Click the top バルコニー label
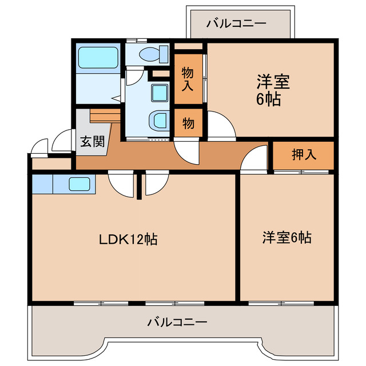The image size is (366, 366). pos(236,23)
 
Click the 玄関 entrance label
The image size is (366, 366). pos(92,141)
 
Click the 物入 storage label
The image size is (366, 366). pos(188,79)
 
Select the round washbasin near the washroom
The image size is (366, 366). pos(158,121)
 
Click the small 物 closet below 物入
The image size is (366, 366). pos(188,122)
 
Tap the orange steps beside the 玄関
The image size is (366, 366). pos(106,116)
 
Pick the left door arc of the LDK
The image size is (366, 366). pos(121,184)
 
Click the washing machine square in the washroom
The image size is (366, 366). pos(158,92)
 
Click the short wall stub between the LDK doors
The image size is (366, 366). pos(139,186)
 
